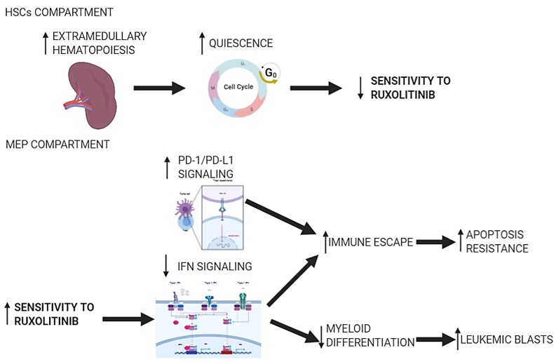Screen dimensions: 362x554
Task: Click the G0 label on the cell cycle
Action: [x=269, y=73]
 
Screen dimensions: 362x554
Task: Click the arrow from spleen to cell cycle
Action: [x=159, y=88]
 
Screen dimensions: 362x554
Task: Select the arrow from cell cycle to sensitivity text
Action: [x=315, y=88]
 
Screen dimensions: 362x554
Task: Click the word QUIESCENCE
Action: [x=241, y=43]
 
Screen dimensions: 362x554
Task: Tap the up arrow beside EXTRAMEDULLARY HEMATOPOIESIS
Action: [x=45, y=43]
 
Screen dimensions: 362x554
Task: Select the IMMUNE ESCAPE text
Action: [x=371, y=242]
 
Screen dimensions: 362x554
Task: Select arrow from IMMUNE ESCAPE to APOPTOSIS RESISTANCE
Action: [x=434, y=242]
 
